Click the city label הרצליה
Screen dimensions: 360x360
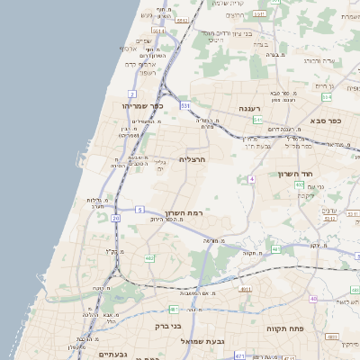point(193,158)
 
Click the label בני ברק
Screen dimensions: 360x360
point(168,326)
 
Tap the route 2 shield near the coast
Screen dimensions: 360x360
point(132,94)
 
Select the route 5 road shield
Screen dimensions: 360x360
point(139,210)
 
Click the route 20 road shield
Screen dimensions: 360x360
point(115,218)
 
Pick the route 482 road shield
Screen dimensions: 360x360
point(149,258)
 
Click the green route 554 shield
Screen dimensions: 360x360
point(328,96)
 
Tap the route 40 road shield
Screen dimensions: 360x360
point(313,299)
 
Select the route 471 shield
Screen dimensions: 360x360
point(238,356)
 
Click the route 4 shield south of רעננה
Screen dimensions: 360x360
point(252,179)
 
